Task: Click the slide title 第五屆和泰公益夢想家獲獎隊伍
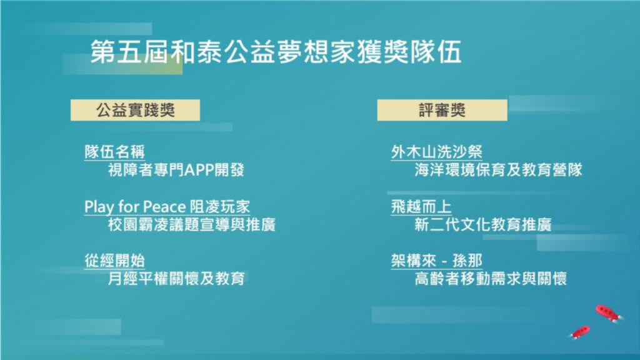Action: point(276,52)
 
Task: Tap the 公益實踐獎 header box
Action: point(135,110)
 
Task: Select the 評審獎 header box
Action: point(442,110)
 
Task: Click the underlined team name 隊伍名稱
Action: point(115,152)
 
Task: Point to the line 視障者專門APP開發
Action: point(176,170)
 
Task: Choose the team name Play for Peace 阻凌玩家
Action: point(167,206)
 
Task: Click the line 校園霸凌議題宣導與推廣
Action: point(191,224)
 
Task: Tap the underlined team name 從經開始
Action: point(115,261)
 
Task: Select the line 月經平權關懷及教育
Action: point(176,279)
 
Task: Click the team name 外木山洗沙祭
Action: point(437,152)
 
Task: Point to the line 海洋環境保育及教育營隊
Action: point(498,170)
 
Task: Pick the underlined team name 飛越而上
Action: point(421,206)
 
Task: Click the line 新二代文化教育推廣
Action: point(483,224)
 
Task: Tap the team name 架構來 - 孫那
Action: point(437,261)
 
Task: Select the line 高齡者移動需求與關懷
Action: point(491,279)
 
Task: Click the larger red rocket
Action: point(608,313)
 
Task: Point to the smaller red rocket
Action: point(580,331)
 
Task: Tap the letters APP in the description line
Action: point(199,170)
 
